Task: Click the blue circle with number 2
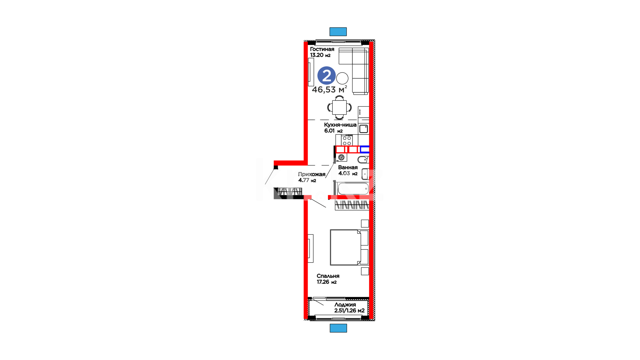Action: [326, 76]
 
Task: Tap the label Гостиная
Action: [322, 49]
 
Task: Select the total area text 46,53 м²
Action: [329, 89]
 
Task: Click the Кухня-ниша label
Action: [340, 125]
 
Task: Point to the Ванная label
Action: [348, 167]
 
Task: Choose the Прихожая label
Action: [312, 174]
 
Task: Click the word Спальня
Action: [328, 276]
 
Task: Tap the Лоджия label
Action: [345, 305]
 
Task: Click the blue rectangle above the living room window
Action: [338, 32]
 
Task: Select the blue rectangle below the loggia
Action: [338, 328]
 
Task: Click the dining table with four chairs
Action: [339, 107]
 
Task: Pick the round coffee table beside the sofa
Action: [342, 79]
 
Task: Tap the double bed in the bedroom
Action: [349, 247]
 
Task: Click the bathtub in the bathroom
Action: [353, 189]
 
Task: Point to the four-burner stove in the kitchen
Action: [347, 140]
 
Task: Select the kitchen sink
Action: [364, 129]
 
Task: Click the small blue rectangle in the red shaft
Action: [365, 149]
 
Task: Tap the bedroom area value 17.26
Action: [323, 282]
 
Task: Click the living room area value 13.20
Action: [317, 55]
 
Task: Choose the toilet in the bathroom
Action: [363, 159]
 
